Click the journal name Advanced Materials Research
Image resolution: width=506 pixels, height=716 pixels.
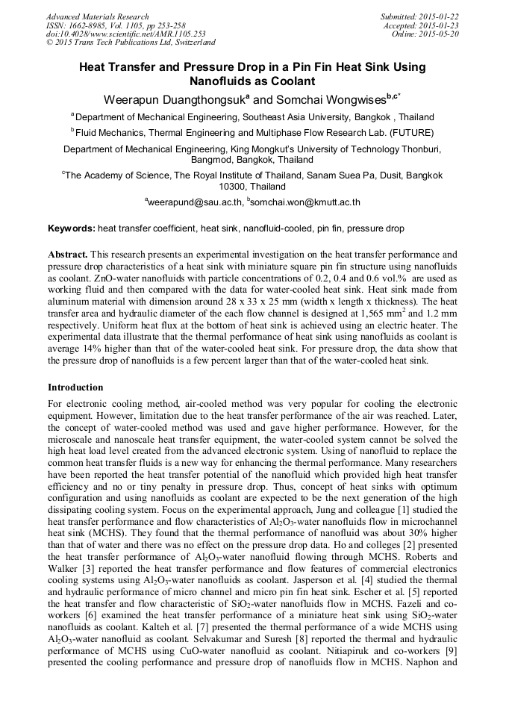97,16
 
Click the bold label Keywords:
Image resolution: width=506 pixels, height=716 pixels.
72,228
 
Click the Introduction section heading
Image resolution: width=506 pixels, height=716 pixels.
75,387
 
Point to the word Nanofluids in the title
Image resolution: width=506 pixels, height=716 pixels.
222,81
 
